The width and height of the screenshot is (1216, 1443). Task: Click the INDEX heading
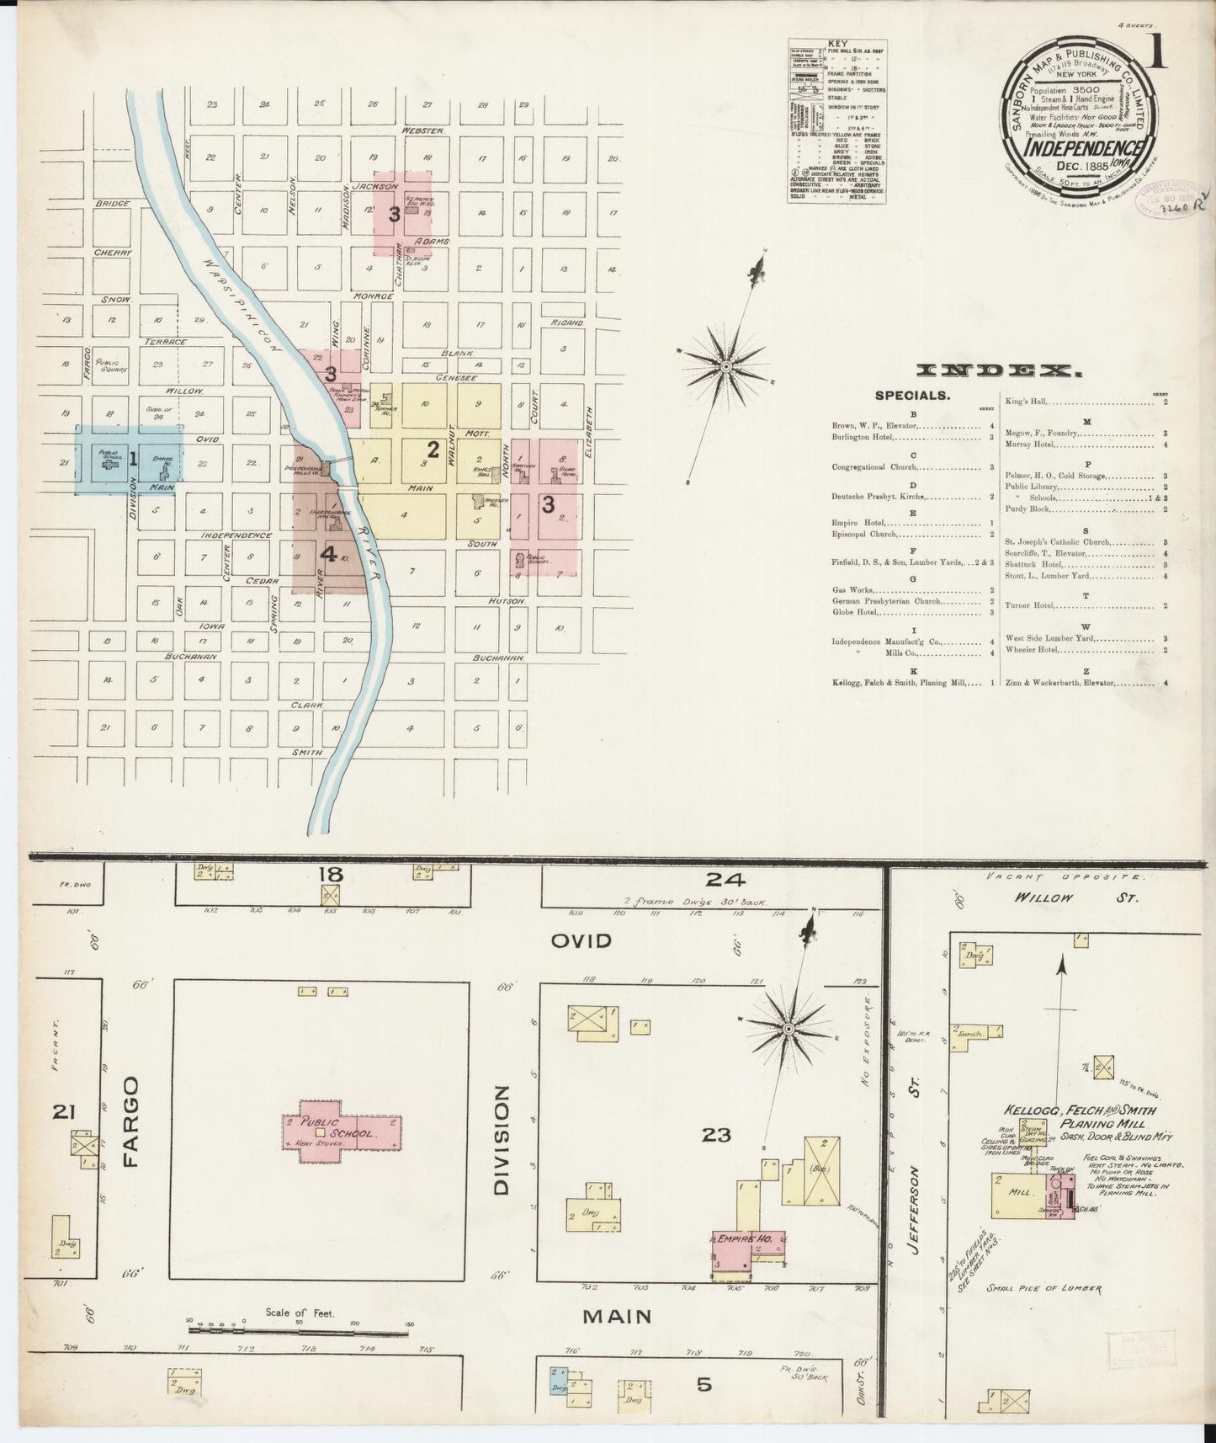pos(998,370)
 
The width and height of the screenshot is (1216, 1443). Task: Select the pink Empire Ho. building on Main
pos(747,1249)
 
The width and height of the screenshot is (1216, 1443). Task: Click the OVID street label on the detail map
pos(581,940)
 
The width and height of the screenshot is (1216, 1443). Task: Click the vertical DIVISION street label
pos(502,1139)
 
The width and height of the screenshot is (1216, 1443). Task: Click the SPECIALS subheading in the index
pos(912,394)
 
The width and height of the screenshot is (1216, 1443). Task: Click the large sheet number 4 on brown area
pos(328,554)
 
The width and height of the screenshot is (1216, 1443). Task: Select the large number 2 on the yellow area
pos(433,448)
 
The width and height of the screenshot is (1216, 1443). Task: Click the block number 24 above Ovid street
pos(725,880)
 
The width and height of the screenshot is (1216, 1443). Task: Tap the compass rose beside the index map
pos(725,366)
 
